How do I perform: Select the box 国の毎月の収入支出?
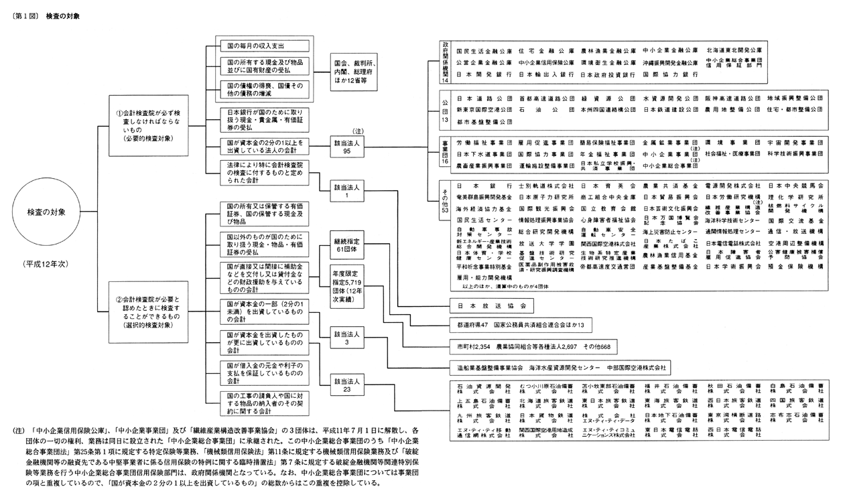click(x=262, y=46)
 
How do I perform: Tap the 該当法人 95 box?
click(x=346, y=147)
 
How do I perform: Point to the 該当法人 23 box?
click(x=346, y=385)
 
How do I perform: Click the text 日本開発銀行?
click(x=476, y=74)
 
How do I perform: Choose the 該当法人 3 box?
click(x=346, y=338)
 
